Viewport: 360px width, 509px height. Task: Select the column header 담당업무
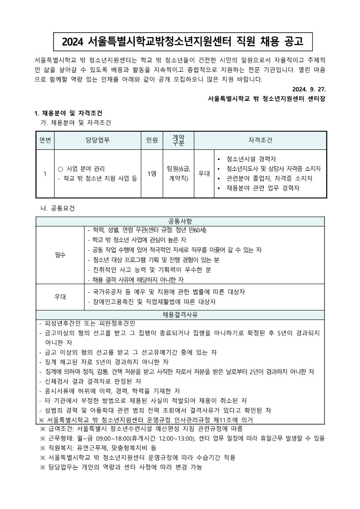click(97, 140)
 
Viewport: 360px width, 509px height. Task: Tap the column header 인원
click(152, 140)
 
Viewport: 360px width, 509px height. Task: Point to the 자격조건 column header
click(261, 140)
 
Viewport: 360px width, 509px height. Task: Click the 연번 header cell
click(45, 140)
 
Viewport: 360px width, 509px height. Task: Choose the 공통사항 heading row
click(180, 221)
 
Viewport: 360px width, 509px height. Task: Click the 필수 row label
click(60, 254)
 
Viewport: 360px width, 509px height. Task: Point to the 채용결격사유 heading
click(180, 315)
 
